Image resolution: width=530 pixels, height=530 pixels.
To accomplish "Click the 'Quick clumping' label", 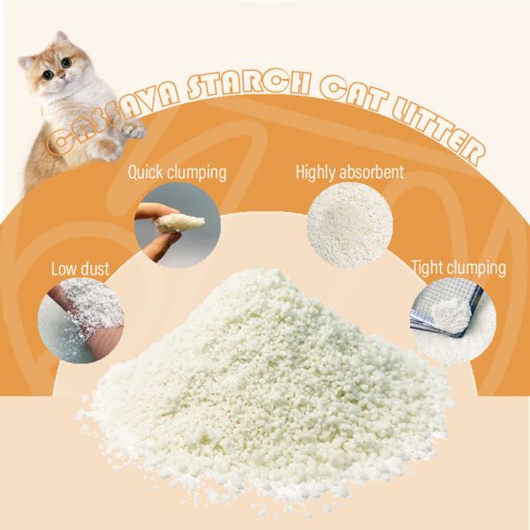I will tap(178, 171).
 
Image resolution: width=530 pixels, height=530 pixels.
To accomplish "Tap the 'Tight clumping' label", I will tap(458, 267).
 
